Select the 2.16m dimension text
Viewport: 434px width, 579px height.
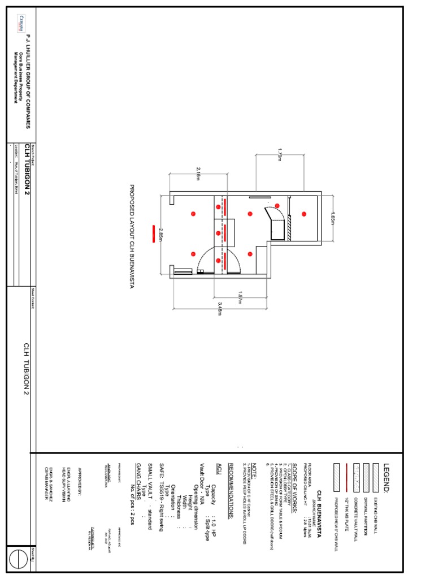[x=198, y=174]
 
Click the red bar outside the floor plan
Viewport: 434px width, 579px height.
[x=153, y=234]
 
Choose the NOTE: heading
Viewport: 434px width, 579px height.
[x=254, y=470]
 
